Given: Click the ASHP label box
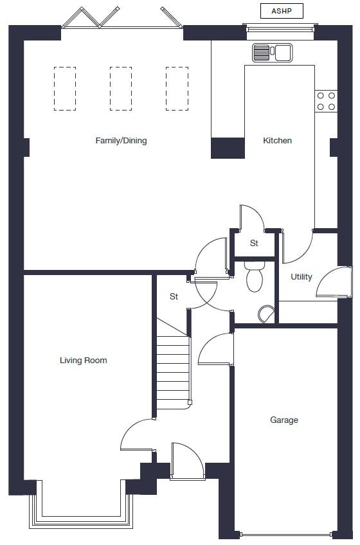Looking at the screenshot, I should pos(282,12).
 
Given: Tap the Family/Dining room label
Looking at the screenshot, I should pos(121,141).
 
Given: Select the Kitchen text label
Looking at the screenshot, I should pos(278,141).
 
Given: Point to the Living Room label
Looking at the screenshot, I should pos(84,361).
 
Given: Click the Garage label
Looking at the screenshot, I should pos(283,420).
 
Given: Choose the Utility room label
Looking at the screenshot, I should pos(301,277).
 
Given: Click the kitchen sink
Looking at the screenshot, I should pos(272,53).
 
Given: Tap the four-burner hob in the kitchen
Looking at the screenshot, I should pos(326,101).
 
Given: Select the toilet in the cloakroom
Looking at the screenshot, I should pos(255,277).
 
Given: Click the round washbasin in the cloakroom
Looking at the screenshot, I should pos(265,314).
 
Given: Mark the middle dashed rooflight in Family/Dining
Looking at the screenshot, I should pos(120,89).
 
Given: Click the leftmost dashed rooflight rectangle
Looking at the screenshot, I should pos(65,89).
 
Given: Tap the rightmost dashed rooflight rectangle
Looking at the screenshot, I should pos(177,89).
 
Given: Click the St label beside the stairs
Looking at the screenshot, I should pos(174,297).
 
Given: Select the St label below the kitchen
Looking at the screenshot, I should pos(254,244).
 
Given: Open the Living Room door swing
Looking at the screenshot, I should pos(136,436).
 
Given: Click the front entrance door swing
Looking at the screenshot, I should pos(187,461).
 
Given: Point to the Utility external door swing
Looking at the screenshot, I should pos(333,283).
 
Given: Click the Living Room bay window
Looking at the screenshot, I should pos(80,508).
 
